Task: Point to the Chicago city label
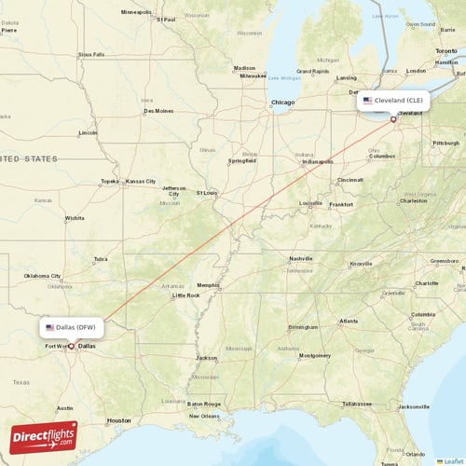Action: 282,103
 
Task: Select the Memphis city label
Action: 207,285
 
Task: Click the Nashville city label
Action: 300,258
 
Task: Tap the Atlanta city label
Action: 349,321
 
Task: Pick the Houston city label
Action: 118,420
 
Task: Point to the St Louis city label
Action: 206,193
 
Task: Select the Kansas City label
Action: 141,181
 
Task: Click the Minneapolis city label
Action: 136,12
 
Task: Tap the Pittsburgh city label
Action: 446,143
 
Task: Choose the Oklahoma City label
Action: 42,276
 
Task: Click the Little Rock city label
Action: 186,295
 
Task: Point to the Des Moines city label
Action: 158,111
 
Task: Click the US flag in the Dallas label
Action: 50,327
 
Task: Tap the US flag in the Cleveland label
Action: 368,100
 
